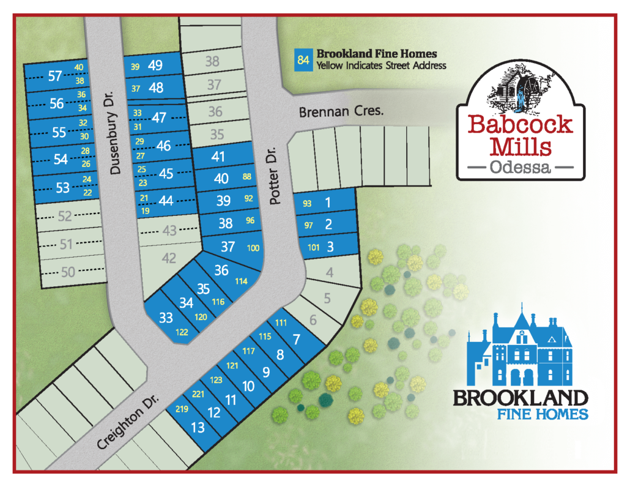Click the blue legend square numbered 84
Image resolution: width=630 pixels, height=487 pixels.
click(303, 60)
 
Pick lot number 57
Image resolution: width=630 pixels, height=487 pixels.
click(55, 76)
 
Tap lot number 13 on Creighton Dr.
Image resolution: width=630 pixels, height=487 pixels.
click(198, 426)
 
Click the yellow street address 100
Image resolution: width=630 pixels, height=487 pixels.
click(253, 248)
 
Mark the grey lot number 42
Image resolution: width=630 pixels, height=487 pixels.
click(169, 259)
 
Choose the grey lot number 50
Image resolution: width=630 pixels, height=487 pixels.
click(68, 272)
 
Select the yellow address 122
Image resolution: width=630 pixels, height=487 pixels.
click(182, 332)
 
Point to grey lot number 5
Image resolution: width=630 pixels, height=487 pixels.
click(327, 299)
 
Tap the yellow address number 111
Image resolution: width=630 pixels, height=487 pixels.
click(281, 323)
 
